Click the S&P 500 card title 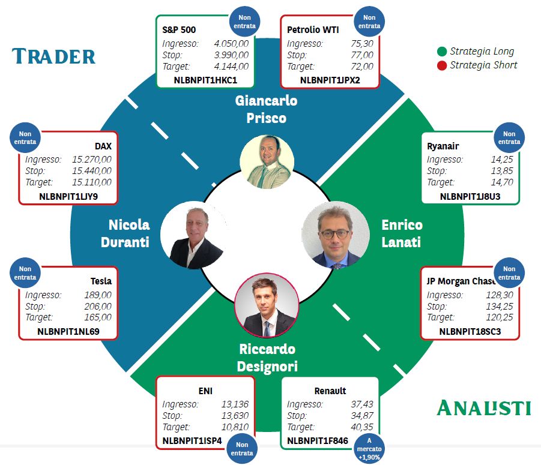(179, 30)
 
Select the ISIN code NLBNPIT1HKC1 (205, 80)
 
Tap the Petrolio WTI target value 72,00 (362, 66)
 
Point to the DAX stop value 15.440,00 (92, 170)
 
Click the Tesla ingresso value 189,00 (98, 295)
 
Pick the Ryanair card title (443, 146)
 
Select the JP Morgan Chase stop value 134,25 (499, 306)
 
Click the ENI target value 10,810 (235, 427)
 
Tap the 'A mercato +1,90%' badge (369, 449)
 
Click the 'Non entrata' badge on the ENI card (242, 449)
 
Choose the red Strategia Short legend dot (442, 65)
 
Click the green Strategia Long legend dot (442, 52)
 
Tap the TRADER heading (54, 56)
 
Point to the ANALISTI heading (484, 408)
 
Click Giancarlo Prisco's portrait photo (267, 161)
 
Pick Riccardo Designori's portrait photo (267, 306)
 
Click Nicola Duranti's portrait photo (195, 235)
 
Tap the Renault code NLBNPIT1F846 (318, 441)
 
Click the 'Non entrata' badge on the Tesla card (25, 273)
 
